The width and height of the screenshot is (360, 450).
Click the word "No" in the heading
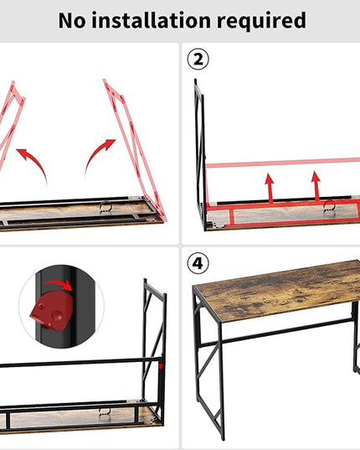pyautogui.click(x=72, y=21)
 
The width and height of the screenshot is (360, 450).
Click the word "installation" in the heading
pyautogui.click(x=152, y=20)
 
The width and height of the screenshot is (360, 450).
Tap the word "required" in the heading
pyautogui.click(x=261, y=21)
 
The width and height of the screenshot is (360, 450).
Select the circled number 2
pyautogui.click(x=198, y=59)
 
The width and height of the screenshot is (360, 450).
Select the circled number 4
pyautogui.click(x=198, y=263)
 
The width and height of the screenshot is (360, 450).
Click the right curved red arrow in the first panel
pyautogui.click(x=97, y=155)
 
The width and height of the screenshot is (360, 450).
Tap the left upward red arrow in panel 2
pyautogui.click(x=269, y=188)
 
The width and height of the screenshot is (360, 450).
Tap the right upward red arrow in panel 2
pyautogui.click(x=316, y=186)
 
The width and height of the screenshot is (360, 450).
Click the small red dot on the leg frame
pyautogui.click(x=161, y=366)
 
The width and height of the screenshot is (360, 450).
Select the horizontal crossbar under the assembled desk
pyautogui.click(x=275, y=332)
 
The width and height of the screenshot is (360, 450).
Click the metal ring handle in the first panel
pyautogui.click(x=105, y=207)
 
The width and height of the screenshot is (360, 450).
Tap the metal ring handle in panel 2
pyautogui.click(x=329, y=206)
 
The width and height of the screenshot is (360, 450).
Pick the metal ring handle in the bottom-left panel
pyautogui.click(x=105, y=412)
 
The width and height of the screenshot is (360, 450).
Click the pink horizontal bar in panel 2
pyautogui.click(x=283, y=163)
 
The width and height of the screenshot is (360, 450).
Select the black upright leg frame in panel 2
pyautogui.click(x=200, y=155)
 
